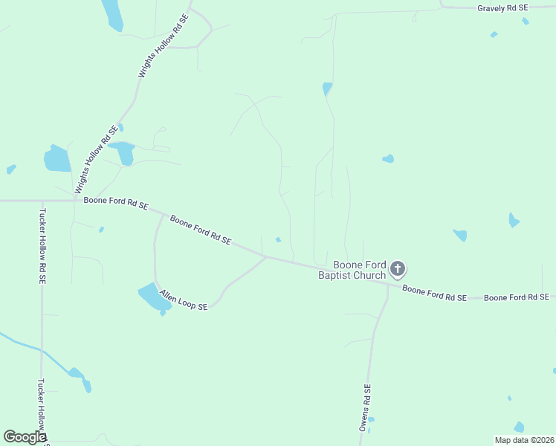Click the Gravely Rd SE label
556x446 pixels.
502,7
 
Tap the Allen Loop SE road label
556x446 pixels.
183,297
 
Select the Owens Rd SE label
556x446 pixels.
365,407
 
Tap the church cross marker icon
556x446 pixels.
398,269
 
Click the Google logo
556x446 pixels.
25,436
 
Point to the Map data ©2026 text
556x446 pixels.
524,439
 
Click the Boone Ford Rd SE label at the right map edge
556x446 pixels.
516,297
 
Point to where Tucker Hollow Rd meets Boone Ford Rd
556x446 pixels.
42,201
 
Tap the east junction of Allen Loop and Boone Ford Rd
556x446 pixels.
266,257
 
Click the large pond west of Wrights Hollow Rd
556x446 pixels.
56,158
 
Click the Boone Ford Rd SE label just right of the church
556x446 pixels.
434,292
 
